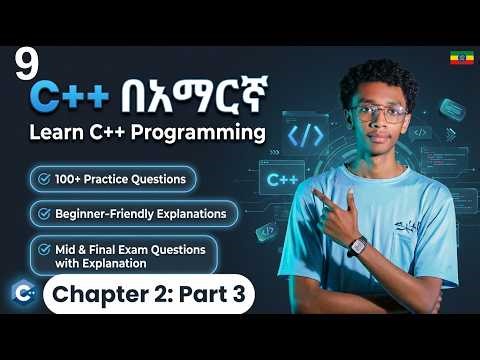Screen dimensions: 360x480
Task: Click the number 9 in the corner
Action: click(25, 66)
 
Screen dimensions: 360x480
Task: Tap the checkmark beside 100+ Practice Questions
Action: click(43, 179)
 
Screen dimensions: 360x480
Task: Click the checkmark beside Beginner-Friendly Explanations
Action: click(43, 213)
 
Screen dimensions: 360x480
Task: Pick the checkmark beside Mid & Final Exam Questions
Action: click(43, 247)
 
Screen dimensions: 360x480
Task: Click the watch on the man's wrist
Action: click(356, 244)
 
